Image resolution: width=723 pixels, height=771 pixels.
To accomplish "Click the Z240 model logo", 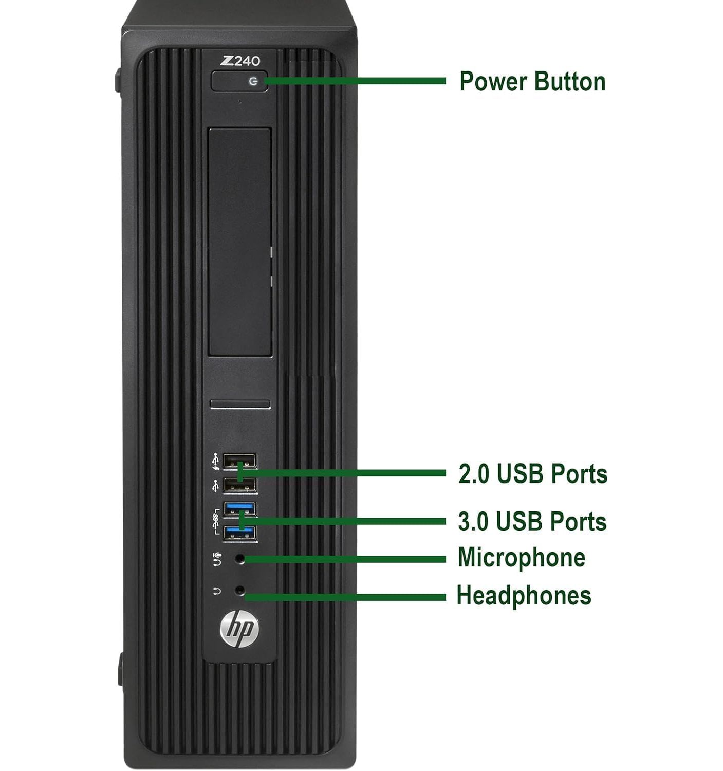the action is (240, 61).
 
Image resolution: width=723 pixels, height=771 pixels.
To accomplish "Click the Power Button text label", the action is (532, 82).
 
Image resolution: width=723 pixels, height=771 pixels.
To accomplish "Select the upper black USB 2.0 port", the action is (239, 462).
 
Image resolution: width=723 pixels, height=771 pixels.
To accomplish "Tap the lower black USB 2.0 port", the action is (239, 485).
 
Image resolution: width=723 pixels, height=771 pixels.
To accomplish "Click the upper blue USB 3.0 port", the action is (239, 509).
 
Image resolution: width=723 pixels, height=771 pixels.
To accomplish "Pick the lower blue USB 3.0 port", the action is (239, 533).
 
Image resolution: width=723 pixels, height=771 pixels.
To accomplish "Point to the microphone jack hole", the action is (240, 559).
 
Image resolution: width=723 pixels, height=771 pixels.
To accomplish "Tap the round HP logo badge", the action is (239, 630).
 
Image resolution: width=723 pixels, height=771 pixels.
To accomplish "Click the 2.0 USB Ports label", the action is (533, 474).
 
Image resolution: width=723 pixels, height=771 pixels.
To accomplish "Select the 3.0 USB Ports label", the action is (532, 521).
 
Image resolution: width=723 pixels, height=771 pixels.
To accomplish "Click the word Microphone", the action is (522, 558).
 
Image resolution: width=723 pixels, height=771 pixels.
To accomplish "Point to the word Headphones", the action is (524, 596).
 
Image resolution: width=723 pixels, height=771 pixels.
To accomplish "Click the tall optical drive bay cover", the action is (239, 242).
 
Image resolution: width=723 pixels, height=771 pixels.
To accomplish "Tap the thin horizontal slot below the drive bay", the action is (240, 404).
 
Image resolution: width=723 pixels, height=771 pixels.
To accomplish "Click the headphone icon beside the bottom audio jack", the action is (217, 591).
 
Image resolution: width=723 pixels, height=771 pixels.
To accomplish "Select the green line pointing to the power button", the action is (355, 81).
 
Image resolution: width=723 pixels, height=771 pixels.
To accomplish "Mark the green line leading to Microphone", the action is (345, 559).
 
